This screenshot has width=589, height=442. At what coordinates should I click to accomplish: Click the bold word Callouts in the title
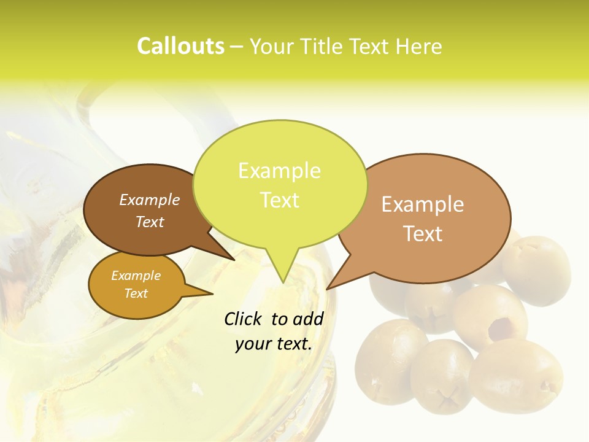[180, 47]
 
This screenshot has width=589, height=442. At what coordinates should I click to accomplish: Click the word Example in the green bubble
[279, 171]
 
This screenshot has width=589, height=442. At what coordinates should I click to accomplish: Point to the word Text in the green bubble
[279, 200]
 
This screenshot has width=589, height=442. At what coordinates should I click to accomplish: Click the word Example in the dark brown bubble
[150, 200]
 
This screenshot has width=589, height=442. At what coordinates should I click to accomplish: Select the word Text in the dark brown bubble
[150, 222]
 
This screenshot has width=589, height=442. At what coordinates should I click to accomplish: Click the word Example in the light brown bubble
[423, 204]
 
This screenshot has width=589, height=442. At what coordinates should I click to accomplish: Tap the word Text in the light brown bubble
[423, 234]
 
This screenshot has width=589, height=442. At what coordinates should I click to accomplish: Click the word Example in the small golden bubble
[136, 276]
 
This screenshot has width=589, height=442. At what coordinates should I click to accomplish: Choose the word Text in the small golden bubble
[136, 293]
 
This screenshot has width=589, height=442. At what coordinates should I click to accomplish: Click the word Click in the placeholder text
[245, 319]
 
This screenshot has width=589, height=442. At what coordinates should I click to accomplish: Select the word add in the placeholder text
[309, 319]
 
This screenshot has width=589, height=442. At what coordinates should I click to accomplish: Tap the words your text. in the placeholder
[274, 344]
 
